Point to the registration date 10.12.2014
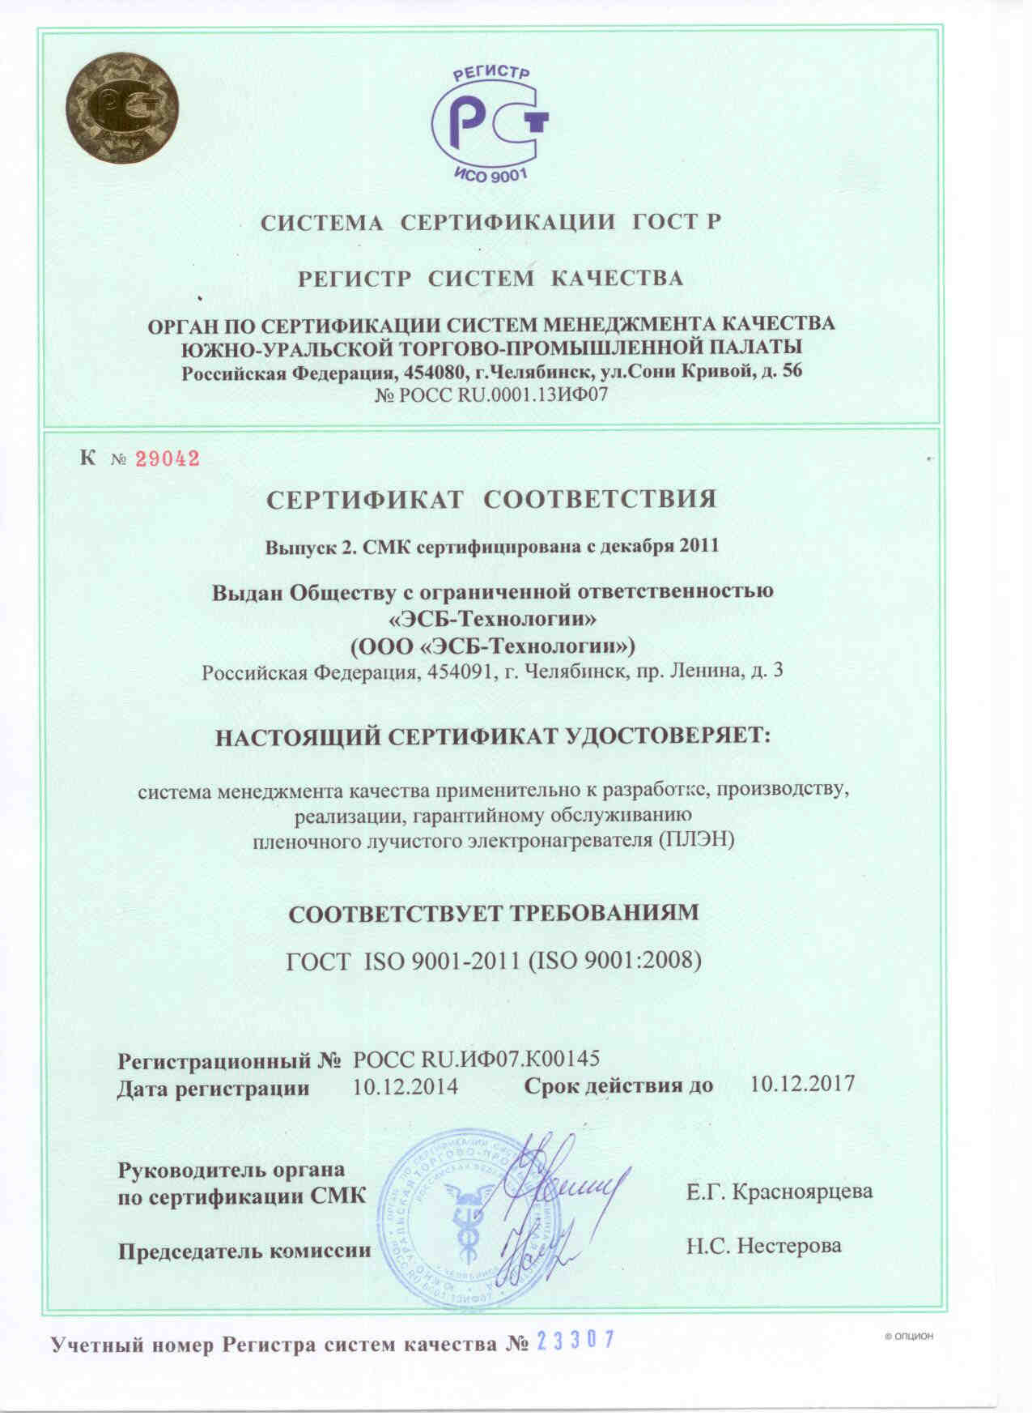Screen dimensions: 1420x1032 coord(406,1086)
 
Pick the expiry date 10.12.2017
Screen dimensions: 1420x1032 coord(802,1085)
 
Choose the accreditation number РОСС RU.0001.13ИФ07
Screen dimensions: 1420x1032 coord(491,396)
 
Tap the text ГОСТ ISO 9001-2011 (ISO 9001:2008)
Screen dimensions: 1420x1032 coord(494,961)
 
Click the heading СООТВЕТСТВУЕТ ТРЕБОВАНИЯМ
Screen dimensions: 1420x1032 coord(494,914)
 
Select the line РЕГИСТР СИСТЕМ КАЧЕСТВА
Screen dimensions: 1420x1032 coord(491,279)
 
